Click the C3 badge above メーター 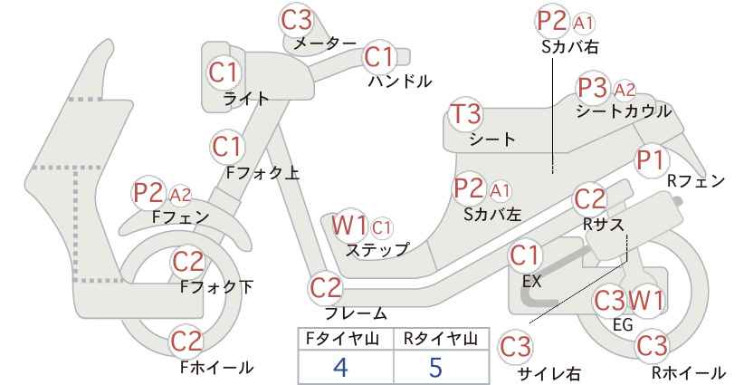296,20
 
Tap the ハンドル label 400,82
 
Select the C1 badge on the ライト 224,72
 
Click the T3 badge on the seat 466,114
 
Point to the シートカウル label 624,111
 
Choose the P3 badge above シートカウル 593,88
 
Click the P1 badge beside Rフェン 651,160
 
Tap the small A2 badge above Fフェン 180,195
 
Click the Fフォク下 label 217,287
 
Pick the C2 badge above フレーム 326,288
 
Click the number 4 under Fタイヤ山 340,367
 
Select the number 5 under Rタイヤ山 435,367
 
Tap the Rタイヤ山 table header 441,339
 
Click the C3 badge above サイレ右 516,347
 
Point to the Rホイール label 688,372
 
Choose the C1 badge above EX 525,256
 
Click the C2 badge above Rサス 590,199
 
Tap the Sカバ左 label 492,215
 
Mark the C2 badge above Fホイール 186,342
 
